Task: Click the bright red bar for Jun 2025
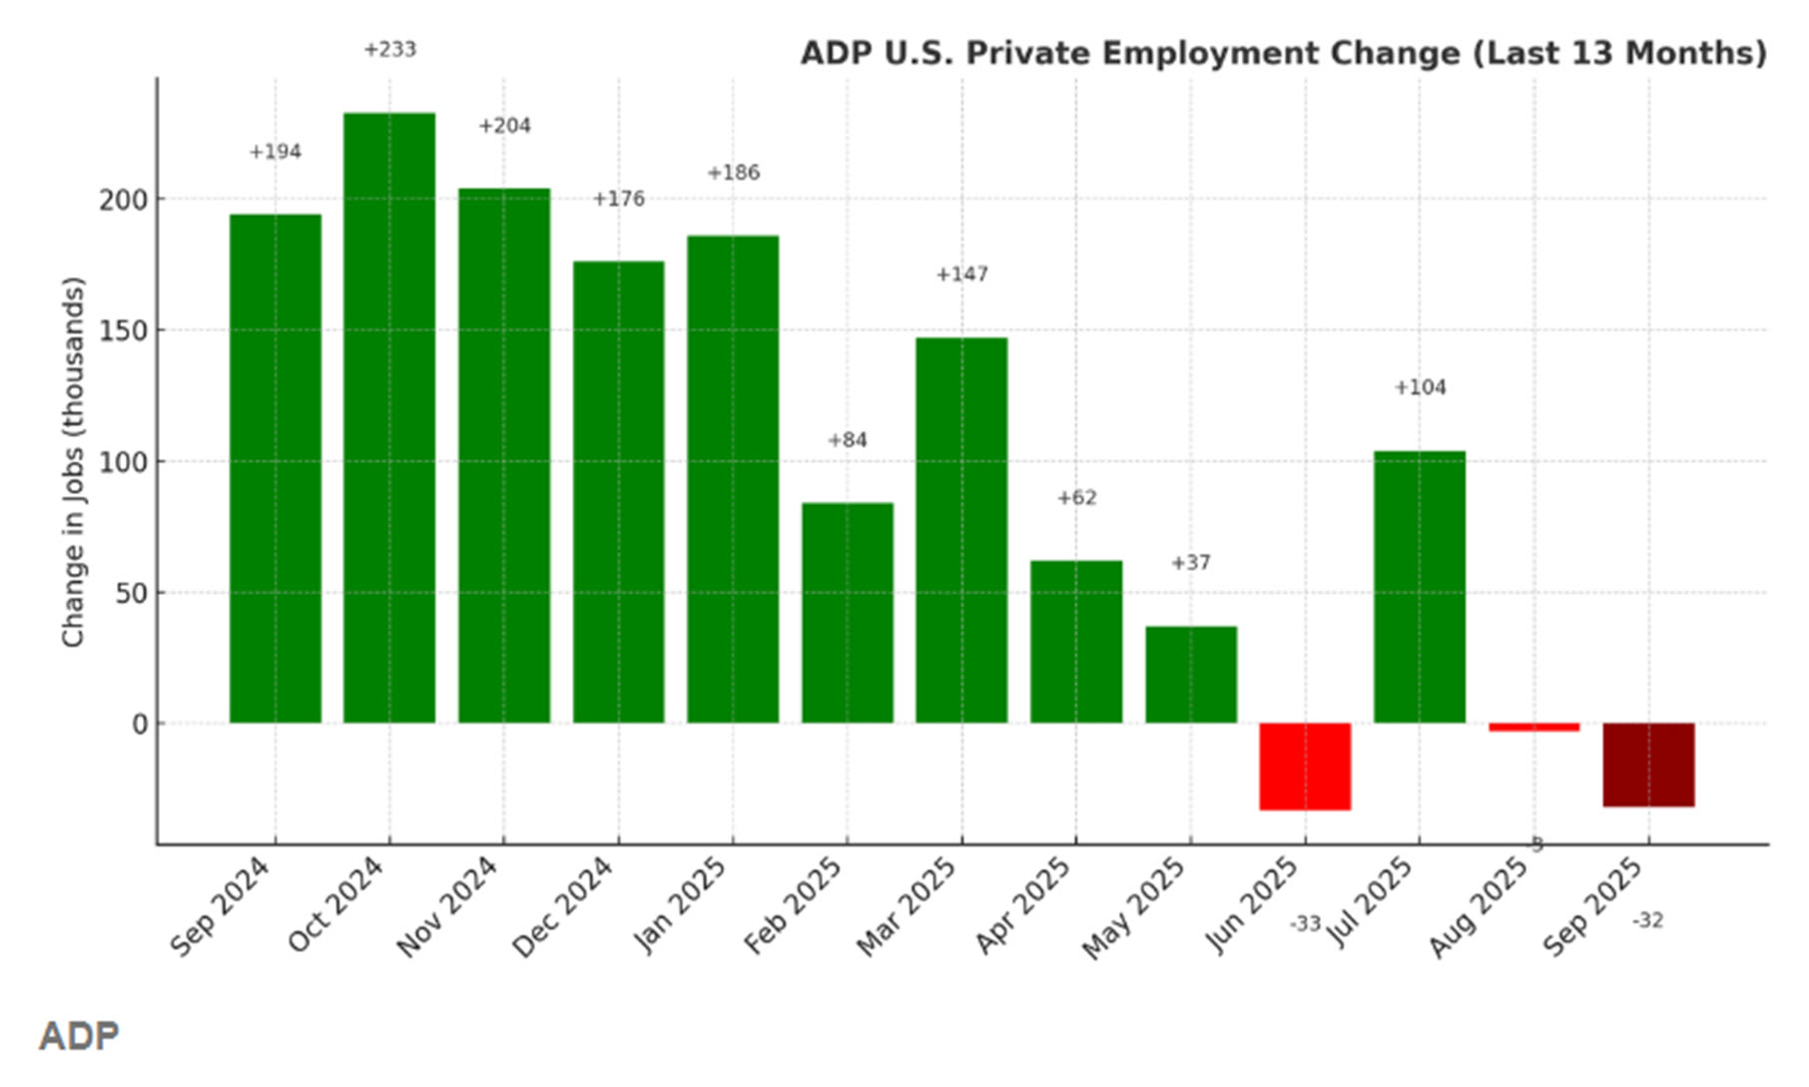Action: [1305, 766]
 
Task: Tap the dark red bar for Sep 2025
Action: [1648, 765]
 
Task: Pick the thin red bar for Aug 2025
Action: [1533, 728]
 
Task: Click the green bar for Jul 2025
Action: [1419, 587]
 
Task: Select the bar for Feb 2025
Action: [848, 613]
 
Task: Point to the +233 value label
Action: [389, 50]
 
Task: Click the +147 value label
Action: [961, 274]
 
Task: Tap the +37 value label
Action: [1190, 563]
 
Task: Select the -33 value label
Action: [1305, 924]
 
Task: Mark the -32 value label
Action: [1647, 920]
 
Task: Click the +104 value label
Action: [1419, 387]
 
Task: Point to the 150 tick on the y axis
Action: [122, 331]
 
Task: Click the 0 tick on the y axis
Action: [140, 725]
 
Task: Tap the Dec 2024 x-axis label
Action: [562, 906]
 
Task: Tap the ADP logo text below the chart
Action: [79, 1036]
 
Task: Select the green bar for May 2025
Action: [1190, 675]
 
